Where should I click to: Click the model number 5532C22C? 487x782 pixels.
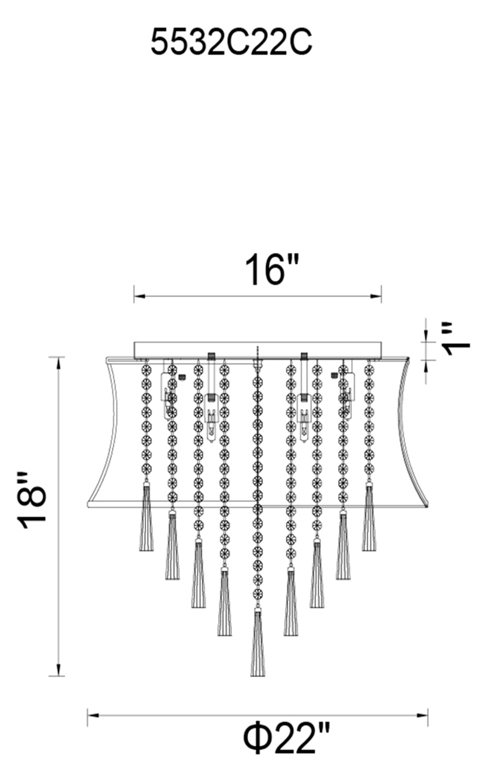[231, 42]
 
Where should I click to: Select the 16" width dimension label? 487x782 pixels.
[272, 270]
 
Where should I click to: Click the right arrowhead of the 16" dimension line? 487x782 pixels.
[376, 297]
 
